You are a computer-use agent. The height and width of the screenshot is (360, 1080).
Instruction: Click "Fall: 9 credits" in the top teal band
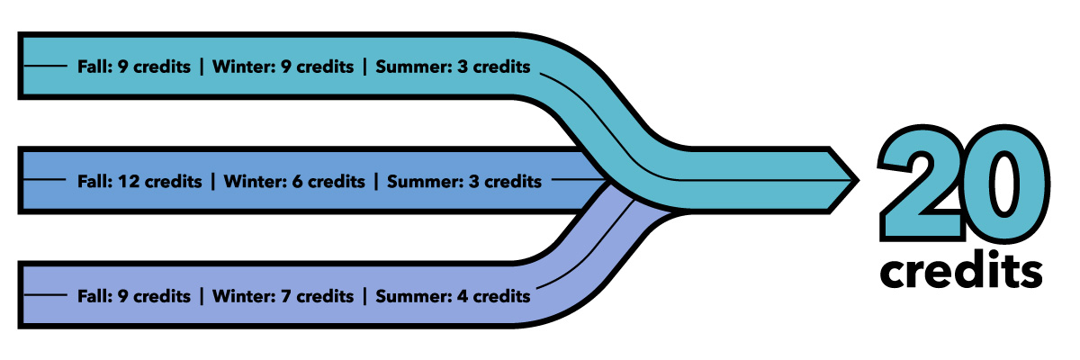tap(134, 67)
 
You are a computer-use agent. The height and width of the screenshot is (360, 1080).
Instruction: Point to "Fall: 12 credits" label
tap(139, 182)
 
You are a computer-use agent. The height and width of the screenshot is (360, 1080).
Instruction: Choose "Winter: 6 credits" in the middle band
tap(294, 182)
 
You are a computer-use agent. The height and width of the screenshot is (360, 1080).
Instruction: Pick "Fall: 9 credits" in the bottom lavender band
tap(134, 295)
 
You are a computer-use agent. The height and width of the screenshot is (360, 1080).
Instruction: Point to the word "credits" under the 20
tap(962, 269)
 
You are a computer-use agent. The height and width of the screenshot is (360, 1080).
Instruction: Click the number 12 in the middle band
tap(127, 182)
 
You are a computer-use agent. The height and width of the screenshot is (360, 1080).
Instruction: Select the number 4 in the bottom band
tap(461, 295)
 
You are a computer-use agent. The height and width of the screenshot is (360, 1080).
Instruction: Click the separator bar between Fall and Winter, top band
tap(202, 67)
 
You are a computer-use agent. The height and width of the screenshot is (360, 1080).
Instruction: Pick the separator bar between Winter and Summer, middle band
tap(376, 182)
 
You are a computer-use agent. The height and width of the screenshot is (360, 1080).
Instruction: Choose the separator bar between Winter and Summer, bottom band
tap(364, 295)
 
